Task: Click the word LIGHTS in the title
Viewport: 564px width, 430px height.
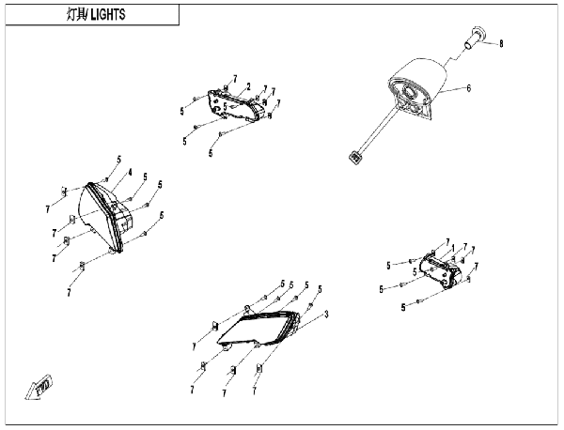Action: tap(108, 14)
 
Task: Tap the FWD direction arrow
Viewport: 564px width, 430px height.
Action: tap(39, 387)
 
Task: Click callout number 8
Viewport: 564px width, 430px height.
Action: tap(501, 44)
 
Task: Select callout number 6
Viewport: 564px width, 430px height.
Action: tap(469, 88)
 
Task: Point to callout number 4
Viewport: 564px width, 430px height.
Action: tap(130, 173)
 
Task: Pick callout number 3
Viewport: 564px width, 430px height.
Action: tap(326, 315)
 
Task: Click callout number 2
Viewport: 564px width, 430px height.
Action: tap(248, 86)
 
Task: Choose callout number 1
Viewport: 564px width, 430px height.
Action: tap(453, 248)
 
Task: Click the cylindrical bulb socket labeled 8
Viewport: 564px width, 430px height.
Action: tap(474, 37)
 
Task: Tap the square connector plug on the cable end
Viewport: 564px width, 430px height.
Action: tap(355, 158)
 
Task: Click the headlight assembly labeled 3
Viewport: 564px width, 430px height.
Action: tap(259, 328)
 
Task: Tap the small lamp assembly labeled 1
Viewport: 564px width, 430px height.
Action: tap(441, 270)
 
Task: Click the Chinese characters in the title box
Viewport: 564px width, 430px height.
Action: tap(76, 14)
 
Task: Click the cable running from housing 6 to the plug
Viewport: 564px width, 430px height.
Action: tap(378, 131)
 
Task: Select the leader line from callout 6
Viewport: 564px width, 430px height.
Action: tap(452, 90)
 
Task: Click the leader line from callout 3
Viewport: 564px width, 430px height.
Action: tap(310, 322)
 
